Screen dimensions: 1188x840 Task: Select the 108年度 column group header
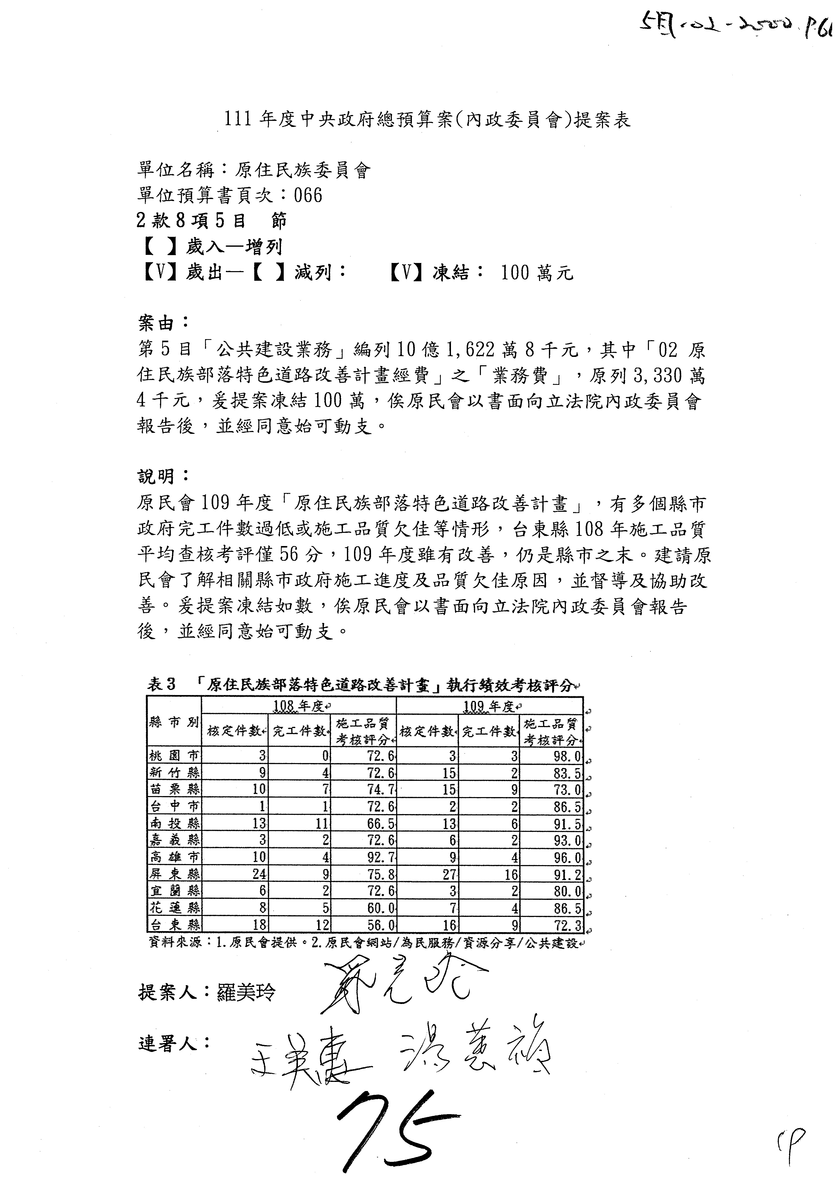pyautogui.click(x=298, y=706)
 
